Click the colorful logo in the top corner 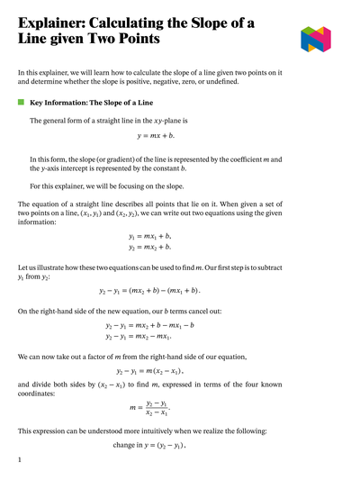[x=316, y=39]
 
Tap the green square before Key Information [x=21, y=104]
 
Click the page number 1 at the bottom [x=20, y=460]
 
